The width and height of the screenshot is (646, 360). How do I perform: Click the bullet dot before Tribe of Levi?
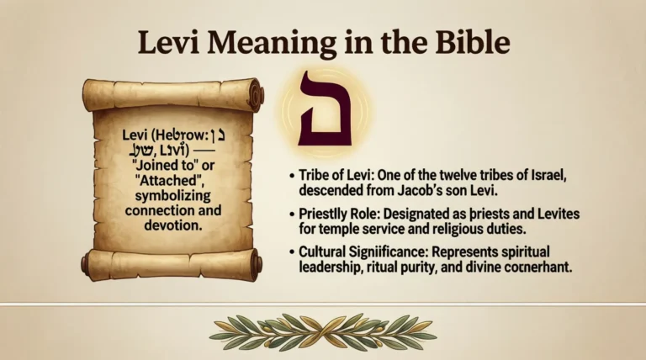click(x=293, y=174)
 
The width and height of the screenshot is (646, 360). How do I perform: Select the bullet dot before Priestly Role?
click(x=293, y=214)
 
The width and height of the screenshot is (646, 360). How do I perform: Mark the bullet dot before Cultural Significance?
click(x=293, y=251)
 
